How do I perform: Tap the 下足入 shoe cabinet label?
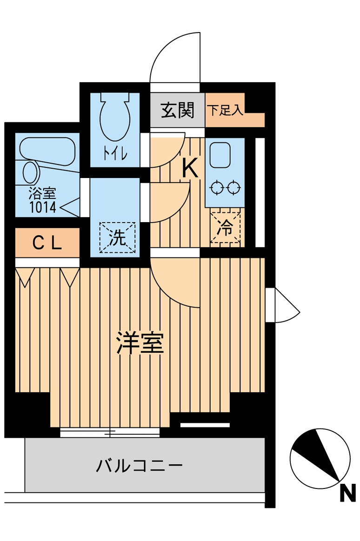pyautogui.click(x=225, y=110)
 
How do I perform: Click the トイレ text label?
pyautogui.click(x=114, y=155)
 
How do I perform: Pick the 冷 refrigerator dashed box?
pyautogui.click(x=226, y=228)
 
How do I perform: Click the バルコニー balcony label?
pyautogui.click(x=139, y=465)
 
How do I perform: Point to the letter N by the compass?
pyautogui.click(x=347, y=493)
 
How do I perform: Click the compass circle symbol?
pyautogui.click(x=320, y=457)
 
